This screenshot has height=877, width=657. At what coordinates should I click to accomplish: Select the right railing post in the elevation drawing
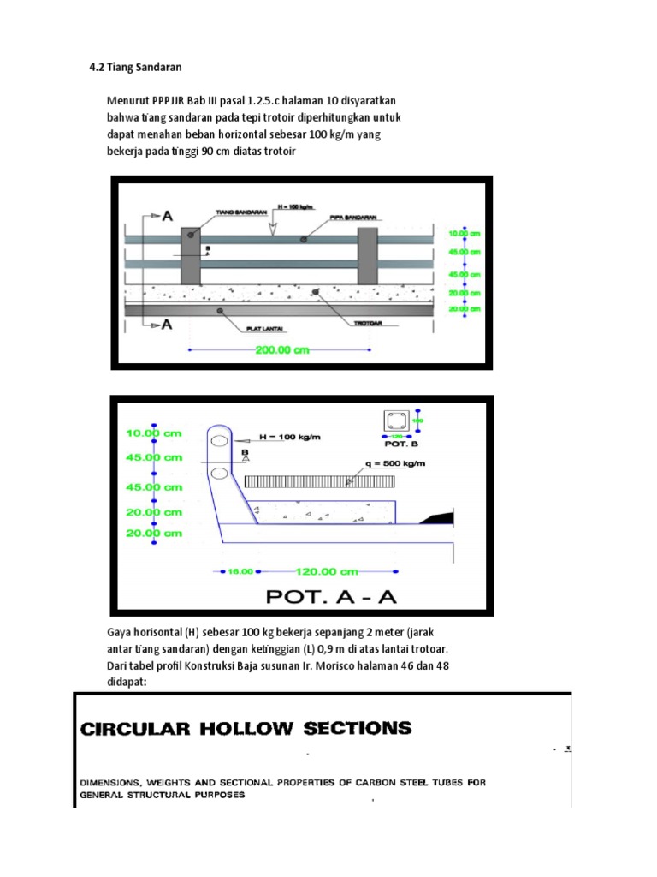point(367,258)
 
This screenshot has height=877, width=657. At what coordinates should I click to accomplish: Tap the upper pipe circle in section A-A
point(219,441)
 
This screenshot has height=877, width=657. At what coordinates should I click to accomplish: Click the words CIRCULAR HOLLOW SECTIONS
point(246,729)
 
